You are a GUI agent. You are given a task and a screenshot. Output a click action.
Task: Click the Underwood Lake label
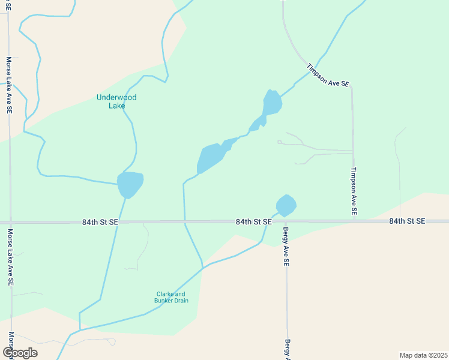point(116,101)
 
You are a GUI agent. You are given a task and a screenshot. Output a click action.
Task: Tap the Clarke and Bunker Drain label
point(173,297)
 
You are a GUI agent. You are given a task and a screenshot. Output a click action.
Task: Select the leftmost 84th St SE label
point(101,222)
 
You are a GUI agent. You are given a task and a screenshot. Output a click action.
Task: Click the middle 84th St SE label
point(254,222)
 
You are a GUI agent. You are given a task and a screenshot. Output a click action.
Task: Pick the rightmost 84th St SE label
point(407,221)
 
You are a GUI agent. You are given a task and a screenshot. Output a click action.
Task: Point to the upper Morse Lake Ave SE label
point(9,86)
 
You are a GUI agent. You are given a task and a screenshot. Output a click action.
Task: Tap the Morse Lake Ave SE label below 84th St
point(10,257)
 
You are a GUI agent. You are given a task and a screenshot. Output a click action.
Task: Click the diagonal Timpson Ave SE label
point(327,76)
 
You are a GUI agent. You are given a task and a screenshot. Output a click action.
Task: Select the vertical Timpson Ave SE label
point(354,191)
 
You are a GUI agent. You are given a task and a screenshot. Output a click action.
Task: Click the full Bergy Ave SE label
point(286,247)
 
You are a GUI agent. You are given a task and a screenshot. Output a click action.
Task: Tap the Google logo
point(20,353)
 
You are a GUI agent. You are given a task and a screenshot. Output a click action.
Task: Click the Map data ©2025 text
point(423,355)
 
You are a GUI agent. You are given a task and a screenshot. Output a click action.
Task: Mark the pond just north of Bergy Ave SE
point(286,205)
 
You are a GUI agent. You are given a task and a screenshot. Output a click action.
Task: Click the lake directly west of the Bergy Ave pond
point(130,184)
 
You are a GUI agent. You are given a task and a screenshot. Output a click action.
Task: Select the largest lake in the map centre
point(211,158)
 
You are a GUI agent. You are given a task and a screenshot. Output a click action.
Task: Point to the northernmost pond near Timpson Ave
point(272,103)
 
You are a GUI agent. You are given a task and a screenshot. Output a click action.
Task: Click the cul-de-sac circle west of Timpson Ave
point(279,142)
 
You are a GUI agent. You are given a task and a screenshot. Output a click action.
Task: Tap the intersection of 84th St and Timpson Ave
point(354,221)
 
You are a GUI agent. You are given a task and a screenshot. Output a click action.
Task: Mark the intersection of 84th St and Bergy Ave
point(286,222)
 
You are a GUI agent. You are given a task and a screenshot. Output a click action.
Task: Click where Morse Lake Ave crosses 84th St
point(10,222)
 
